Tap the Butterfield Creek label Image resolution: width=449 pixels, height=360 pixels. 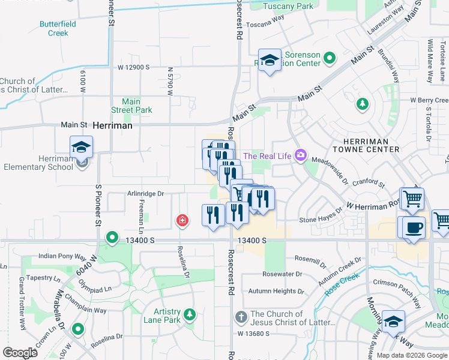coord(58,28)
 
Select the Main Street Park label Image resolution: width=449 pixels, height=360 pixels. coord(131,106)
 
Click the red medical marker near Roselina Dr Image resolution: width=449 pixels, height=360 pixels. coord(181,221)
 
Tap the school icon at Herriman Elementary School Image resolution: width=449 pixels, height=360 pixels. coord(82,147)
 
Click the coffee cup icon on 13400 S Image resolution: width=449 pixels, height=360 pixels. coord(414,228)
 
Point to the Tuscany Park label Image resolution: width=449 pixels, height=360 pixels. coord(291,6)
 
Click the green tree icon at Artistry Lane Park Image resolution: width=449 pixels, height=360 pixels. coord(190,314)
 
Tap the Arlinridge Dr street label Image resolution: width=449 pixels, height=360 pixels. coord(145,193)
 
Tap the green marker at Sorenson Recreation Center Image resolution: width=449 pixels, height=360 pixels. coord(329,58)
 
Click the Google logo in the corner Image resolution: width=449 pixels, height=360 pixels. coord(20,353)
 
